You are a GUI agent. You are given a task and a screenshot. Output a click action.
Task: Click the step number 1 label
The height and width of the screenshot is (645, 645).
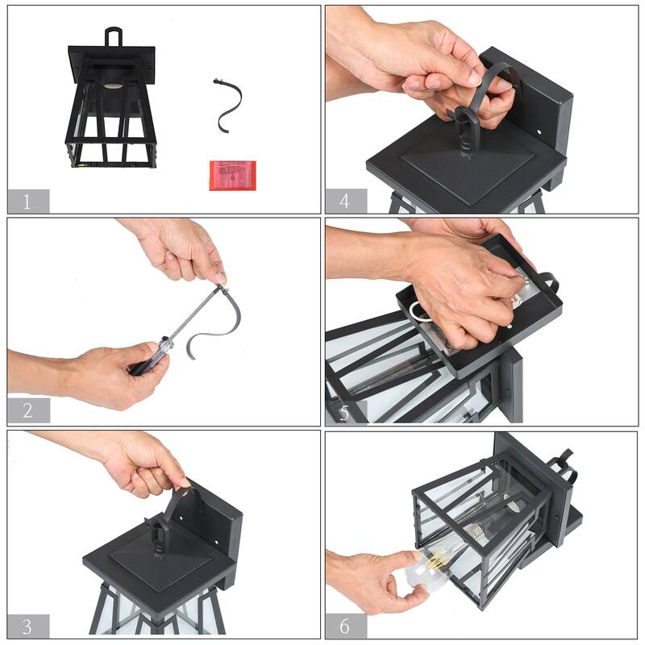pos(27,202)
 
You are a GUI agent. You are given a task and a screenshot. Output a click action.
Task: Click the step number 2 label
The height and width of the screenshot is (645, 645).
pos(27,410)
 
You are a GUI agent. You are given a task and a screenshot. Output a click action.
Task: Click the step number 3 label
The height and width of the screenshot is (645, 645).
pos(27,626)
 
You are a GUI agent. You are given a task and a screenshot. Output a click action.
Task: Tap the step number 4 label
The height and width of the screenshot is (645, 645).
pos(344,201)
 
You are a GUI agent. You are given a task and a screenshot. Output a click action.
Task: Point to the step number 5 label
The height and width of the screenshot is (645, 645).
pos(344,413)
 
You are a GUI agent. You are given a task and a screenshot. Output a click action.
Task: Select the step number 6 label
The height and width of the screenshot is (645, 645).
pos(344,626)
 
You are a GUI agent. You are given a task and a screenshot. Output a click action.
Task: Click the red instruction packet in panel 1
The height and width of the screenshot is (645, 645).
pos(232,176)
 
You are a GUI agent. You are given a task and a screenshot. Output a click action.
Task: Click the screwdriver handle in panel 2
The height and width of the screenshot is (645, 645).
pos(148,359)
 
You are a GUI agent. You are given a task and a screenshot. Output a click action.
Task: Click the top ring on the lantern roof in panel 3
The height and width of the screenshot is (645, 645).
pos(159,534)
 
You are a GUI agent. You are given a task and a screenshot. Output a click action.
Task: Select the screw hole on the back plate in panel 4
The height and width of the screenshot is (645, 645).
pos(539,132)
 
